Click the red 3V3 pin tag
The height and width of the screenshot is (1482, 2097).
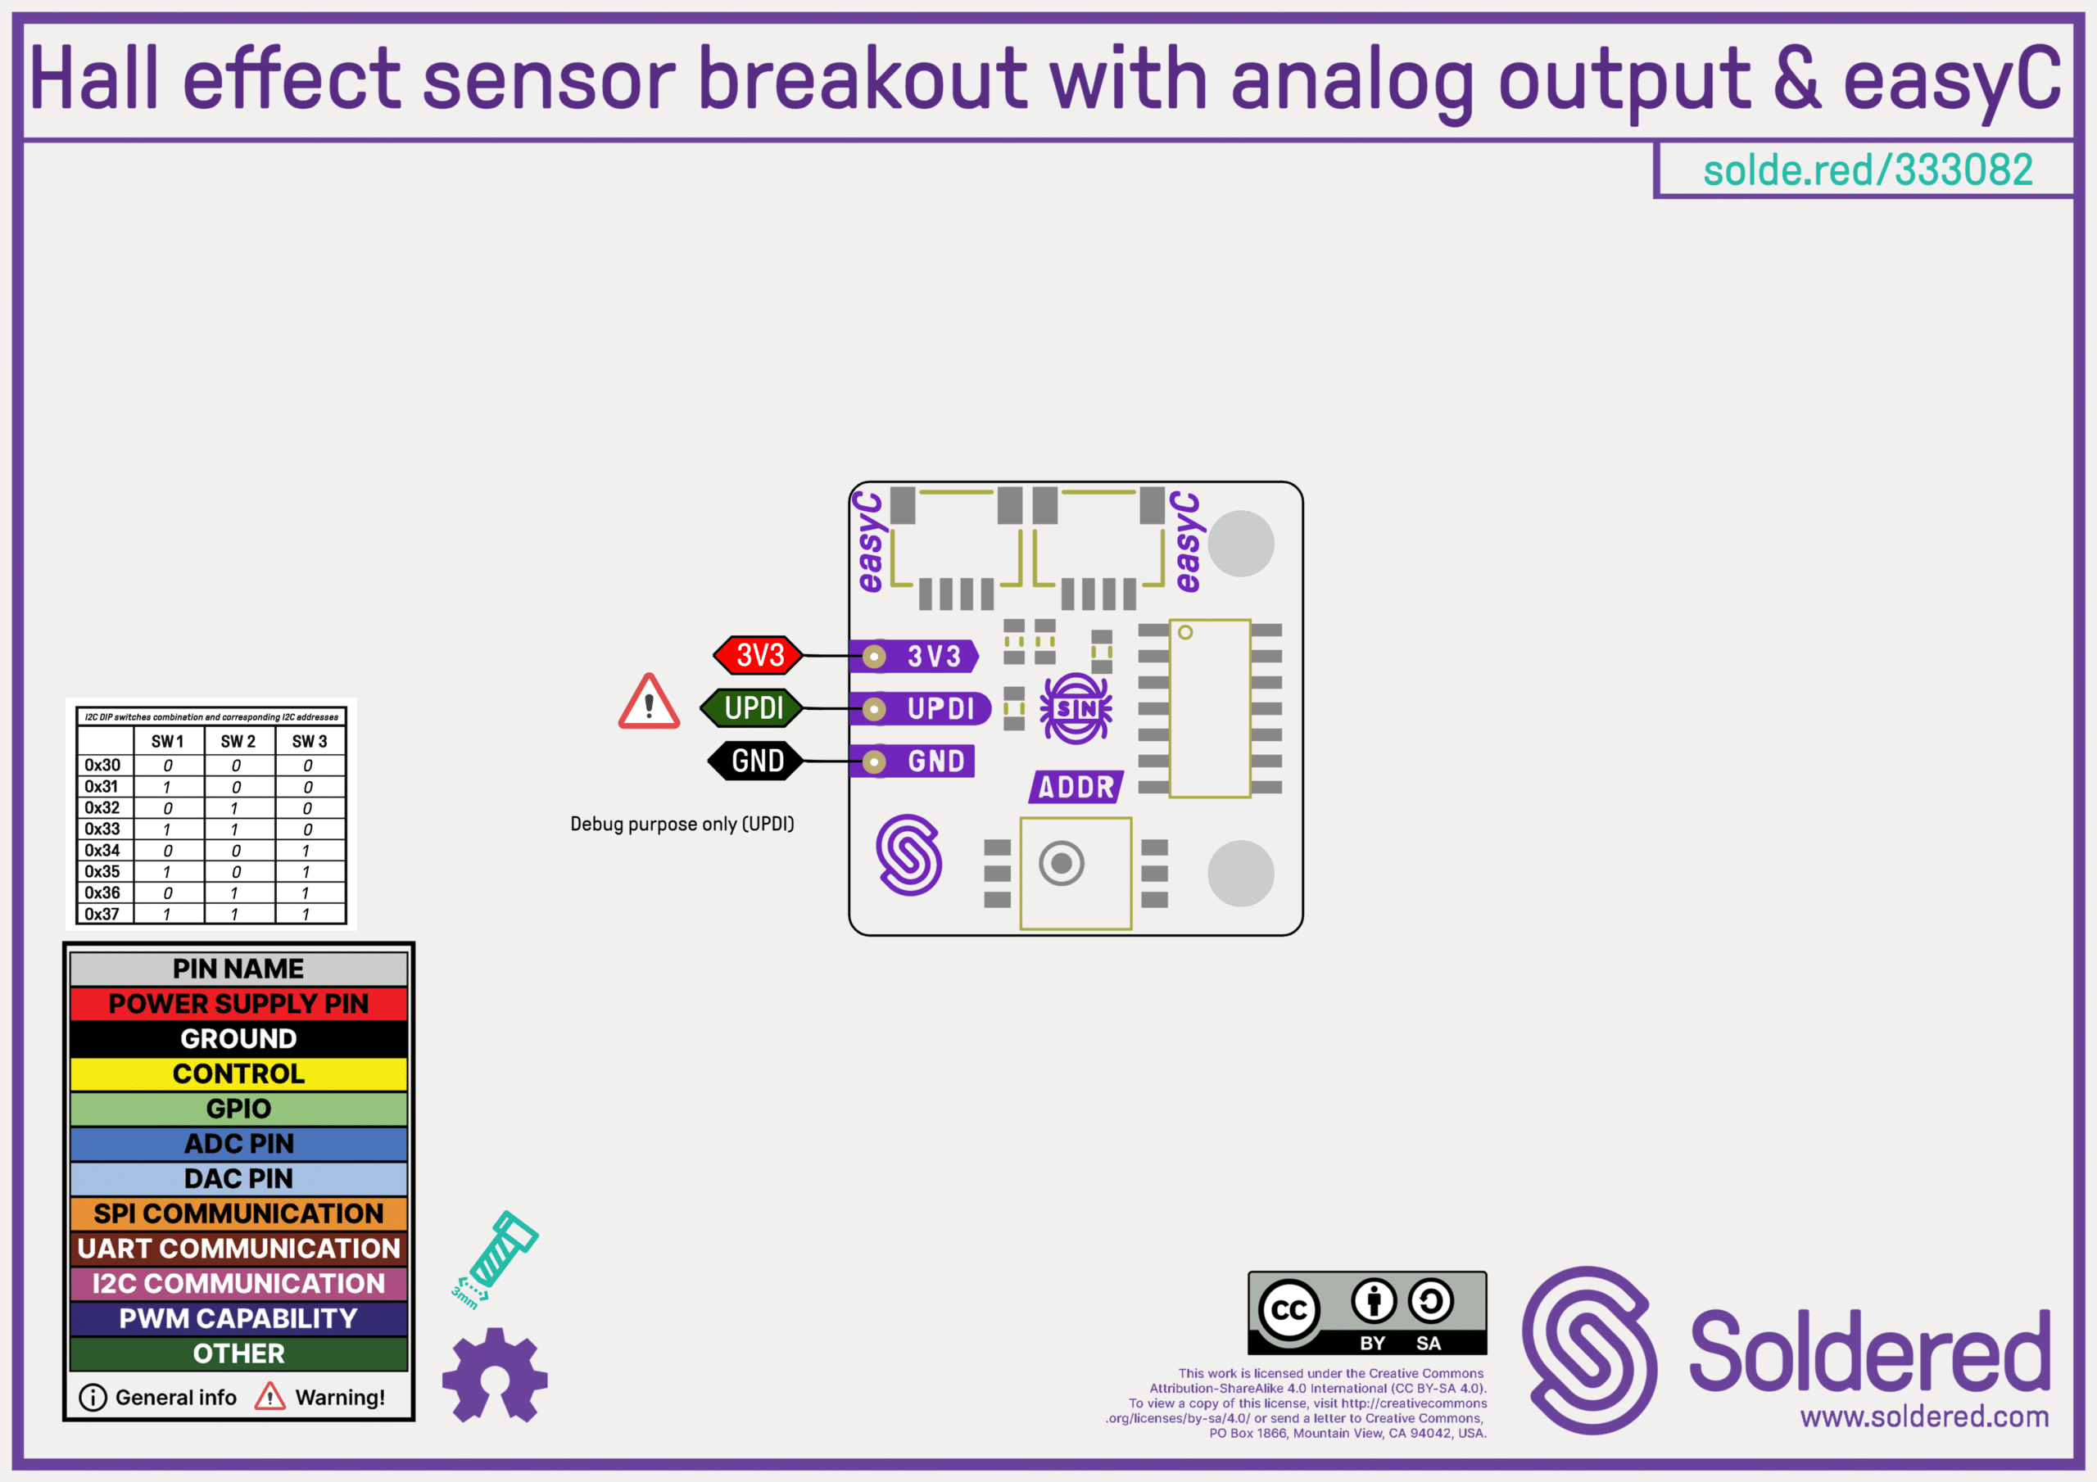[x=758, y=655]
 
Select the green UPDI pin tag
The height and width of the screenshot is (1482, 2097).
[x=753, y=707]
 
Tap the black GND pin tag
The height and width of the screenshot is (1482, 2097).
[x=756, y=761]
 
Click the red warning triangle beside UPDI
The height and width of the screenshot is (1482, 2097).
[x=649, y=704]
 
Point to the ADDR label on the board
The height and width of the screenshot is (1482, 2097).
[x=1076, y=787]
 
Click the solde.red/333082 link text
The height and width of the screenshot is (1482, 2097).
[x=1868, y=169]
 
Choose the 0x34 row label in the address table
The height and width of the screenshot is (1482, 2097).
[x=102, y=850]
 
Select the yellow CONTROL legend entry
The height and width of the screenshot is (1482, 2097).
[x=238, y=1073]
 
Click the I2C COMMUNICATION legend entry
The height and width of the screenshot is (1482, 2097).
[x=238, y=1284]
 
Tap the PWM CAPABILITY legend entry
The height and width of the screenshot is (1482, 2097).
[x=238, y=1318]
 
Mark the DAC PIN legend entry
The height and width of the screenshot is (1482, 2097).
[x=238, y=1179]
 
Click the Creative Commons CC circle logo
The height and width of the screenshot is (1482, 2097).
[x=1289, y=1310]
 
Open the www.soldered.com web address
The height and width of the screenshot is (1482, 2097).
[x=1924, y=1416]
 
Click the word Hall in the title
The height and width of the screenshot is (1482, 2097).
[x=94, y=79]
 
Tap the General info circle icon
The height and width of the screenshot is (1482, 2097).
[x=93, y=1397]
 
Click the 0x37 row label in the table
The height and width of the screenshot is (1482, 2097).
[x=102, y=914]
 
